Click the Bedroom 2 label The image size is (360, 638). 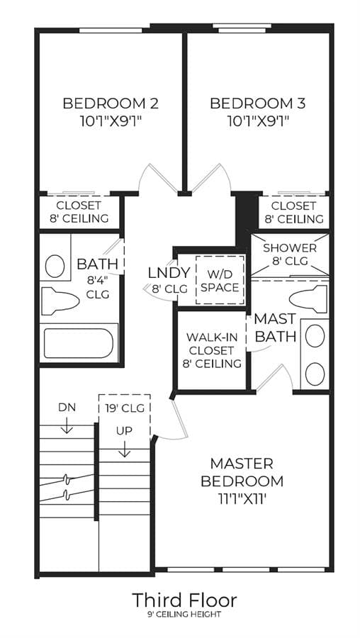tap(111, 103)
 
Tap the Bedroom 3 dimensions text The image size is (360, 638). tap(257, 121)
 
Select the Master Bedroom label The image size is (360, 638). tap(242, 472)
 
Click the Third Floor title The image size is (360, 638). tap(184, 600)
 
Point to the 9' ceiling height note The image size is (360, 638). tap(184, 615)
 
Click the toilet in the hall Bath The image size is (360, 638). tap(60, 301)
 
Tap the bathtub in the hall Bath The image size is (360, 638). tap(79, 343)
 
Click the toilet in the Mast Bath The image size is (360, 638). tap(308, 299)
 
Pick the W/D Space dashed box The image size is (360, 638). tap(220, 279)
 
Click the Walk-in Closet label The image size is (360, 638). tap(211, 350)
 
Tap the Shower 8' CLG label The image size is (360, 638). tap(290, 254)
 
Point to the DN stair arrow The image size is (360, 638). tap(67, 427)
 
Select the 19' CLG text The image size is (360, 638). tap(125, 408)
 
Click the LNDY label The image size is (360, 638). tap(169, 273)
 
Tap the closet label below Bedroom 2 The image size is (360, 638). tap(79, 211)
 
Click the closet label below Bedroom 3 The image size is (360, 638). tap(294, 213)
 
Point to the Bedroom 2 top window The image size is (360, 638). tap(111, 30)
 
